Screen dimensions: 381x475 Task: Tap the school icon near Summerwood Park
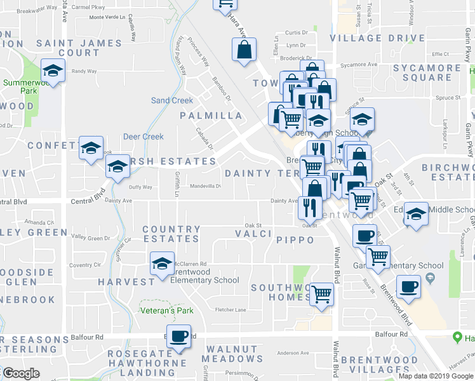point(53,70)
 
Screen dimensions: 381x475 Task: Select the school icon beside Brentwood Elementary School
point(163,264)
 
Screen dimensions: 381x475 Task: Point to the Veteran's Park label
point(166,311)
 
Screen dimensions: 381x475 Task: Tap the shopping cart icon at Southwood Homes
point(323,294)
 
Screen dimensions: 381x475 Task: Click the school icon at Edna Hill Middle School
point(416,214)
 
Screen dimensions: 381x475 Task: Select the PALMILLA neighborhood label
point(211,116)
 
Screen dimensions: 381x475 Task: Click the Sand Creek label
point(171,100)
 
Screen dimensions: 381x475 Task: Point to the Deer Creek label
point(143,137)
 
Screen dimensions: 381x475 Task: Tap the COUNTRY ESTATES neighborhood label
point(171,234)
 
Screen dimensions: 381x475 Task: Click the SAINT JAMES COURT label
point(78,48)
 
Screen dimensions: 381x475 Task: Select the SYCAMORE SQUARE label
point(426,72)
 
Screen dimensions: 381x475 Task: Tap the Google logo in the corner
point(22,373)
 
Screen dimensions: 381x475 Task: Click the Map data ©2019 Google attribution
point(436,376)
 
